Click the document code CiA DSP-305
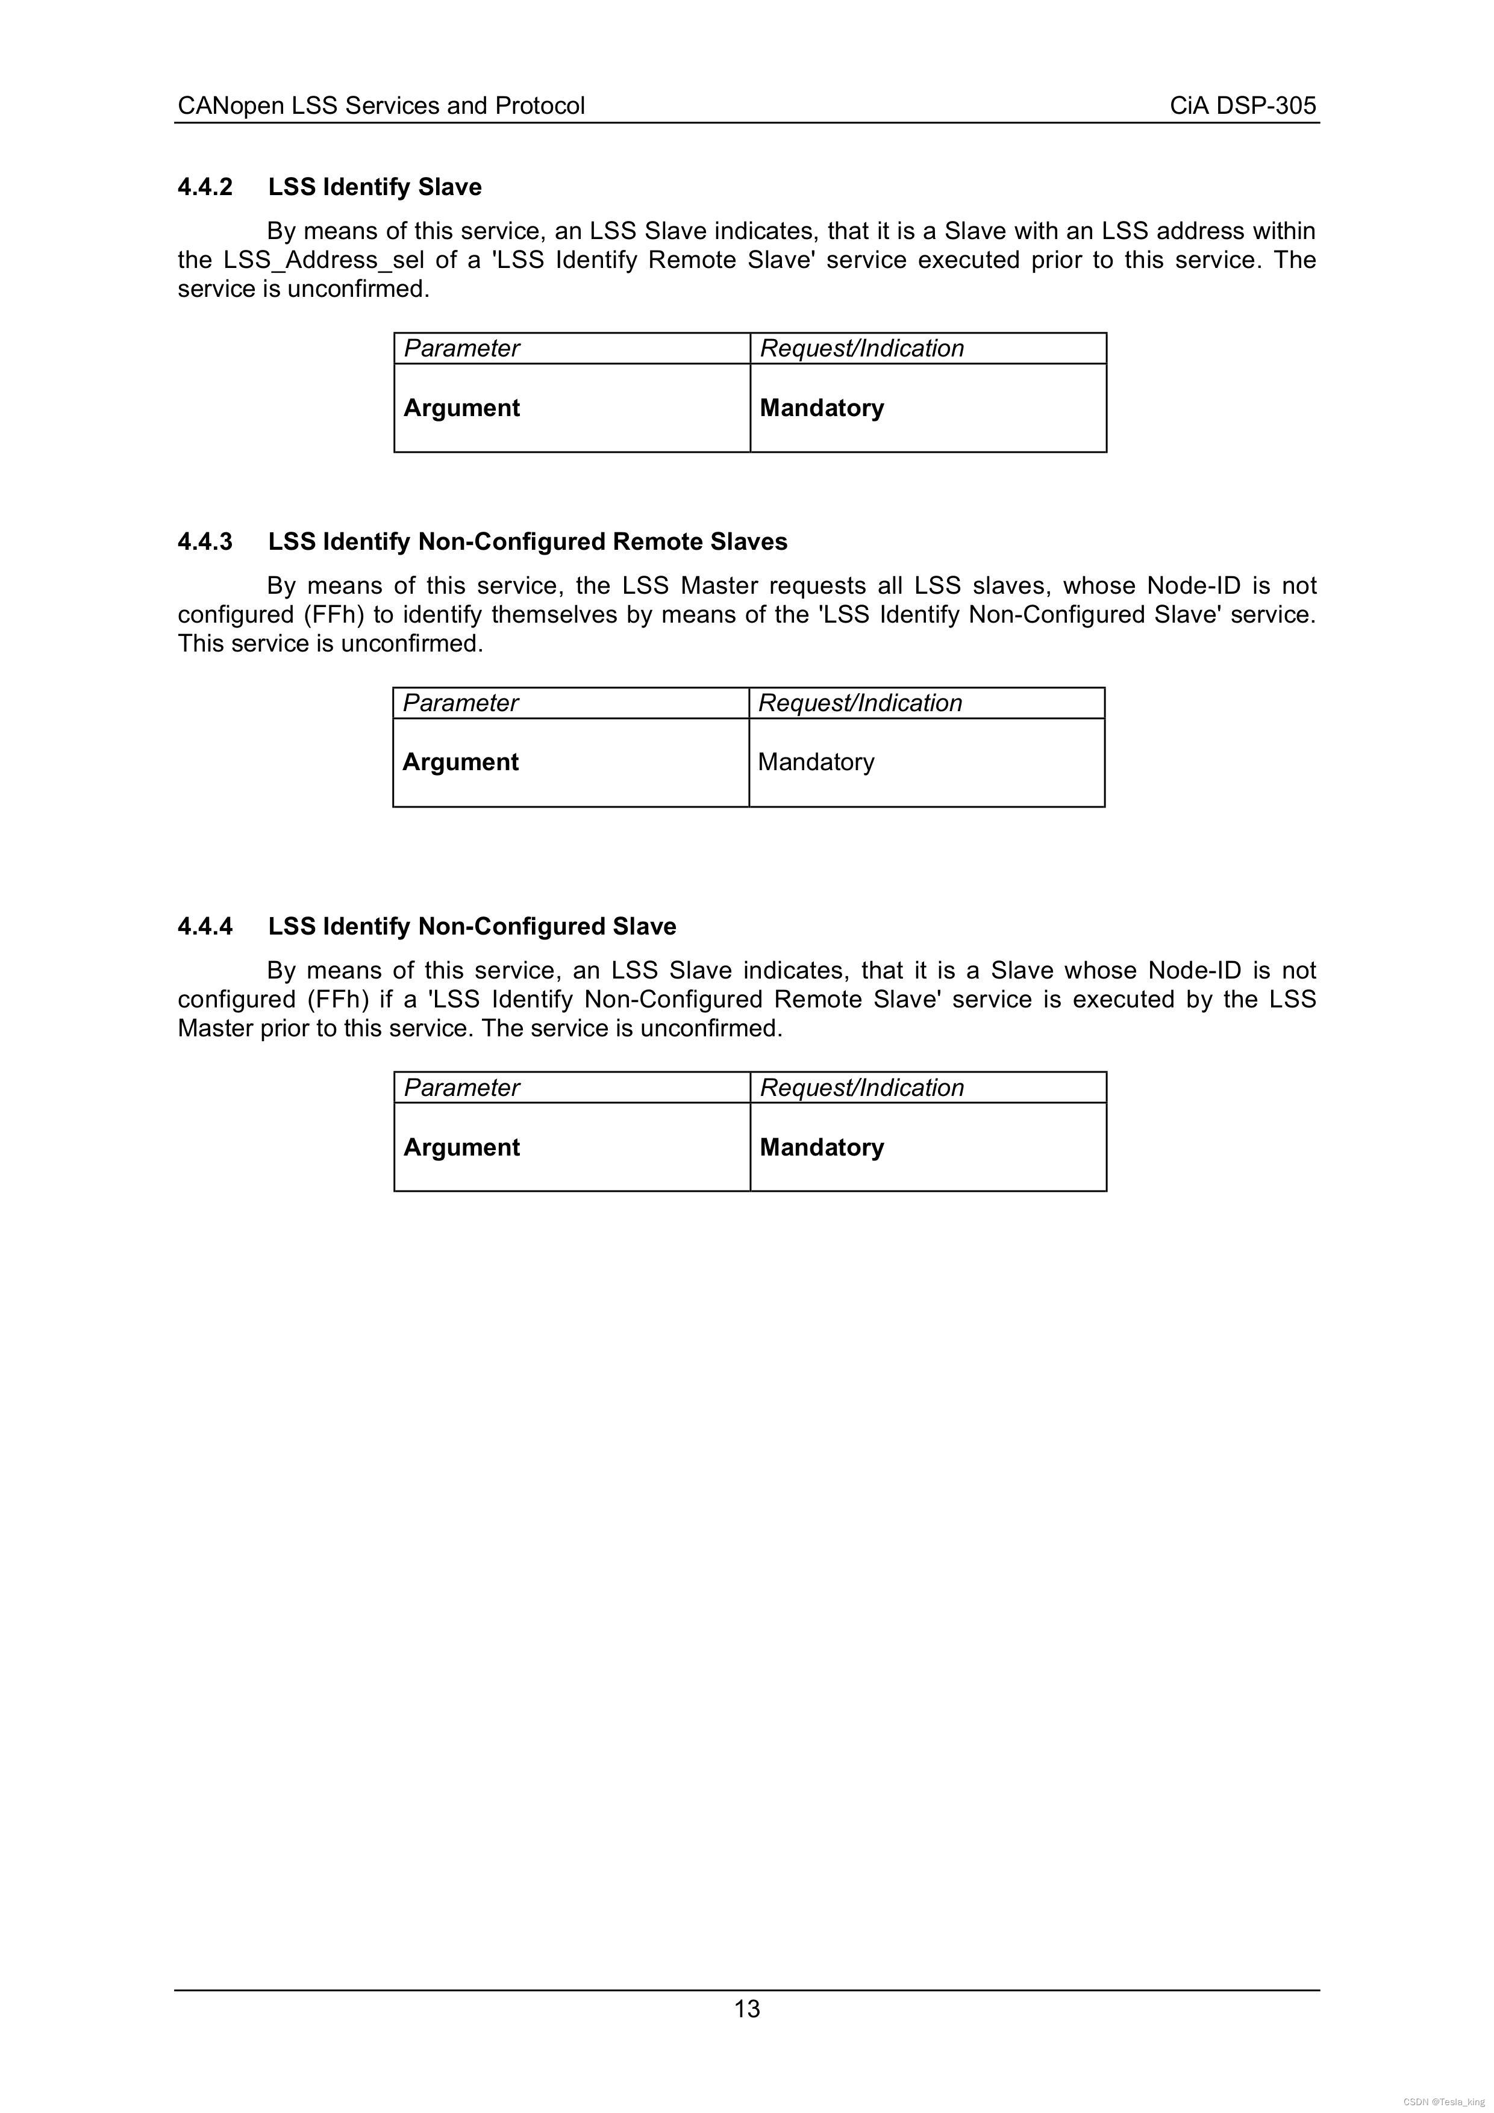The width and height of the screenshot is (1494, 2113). [1243, 106]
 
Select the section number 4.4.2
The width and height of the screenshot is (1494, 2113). [205, 188]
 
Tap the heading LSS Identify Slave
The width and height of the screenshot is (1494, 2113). [375, 188]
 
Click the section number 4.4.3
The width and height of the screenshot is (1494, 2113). [205, 542]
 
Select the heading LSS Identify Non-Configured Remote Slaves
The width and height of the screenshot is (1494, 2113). [528, 542]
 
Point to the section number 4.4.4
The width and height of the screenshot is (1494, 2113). [205, 927]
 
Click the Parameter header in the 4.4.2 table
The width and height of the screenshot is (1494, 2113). [461, 349]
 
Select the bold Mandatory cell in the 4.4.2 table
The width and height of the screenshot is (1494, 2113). [821, 409]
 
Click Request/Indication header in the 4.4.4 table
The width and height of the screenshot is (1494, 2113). [861, 1088]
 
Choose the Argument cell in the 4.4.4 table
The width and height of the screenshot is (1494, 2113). [461, 1148]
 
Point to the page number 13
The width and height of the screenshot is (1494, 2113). [746, 2009]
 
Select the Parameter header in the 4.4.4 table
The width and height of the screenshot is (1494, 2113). [461, 1088]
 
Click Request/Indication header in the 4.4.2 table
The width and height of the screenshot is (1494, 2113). [861, 349]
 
